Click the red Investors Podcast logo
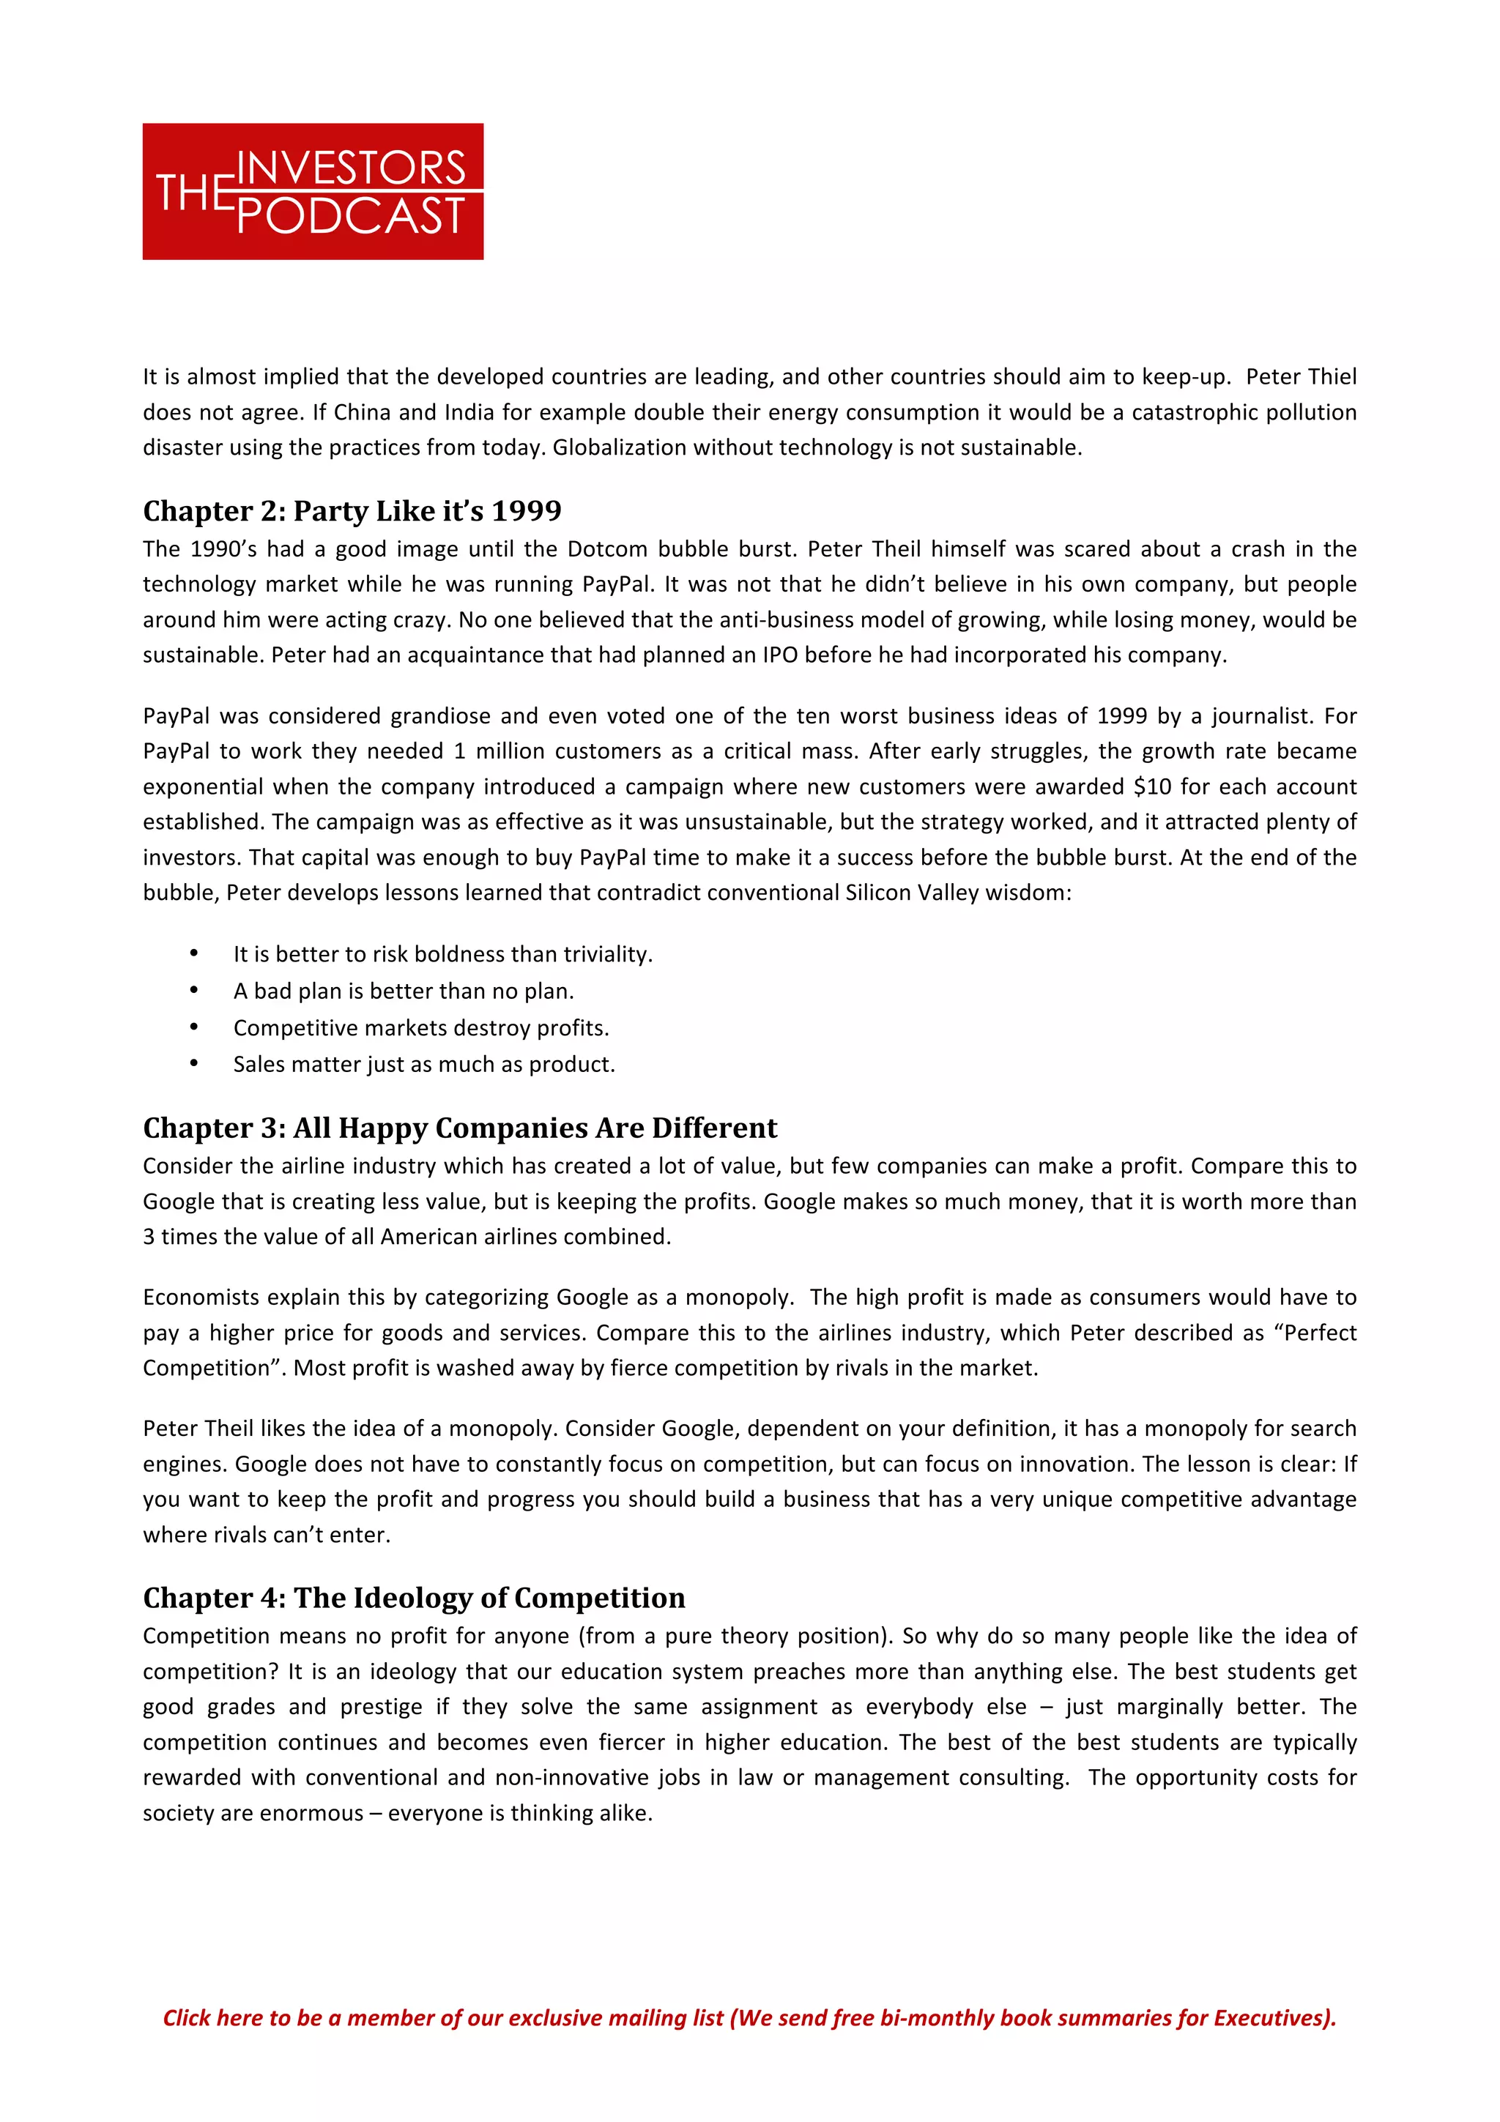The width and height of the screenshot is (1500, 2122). [x=313, y=190]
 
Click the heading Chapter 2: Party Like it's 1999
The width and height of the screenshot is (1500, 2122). [x=352, y=511]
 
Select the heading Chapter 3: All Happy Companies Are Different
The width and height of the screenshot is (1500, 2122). [x=459, y=1128]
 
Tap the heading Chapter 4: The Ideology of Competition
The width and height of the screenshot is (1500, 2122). [x=413, y=1597]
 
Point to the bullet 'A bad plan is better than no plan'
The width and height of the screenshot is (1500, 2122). [x=403, y=991]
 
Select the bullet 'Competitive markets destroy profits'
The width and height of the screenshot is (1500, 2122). [x=420, y=1028]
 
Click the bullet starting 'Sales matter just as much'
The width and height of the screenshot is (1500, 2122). [x=423, y=1064]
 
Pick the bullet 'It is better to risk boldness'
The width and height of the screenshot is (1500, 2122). [x=442, y=954]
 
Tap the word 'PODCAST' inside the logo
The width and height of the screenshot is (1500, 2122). [x=352, y=216]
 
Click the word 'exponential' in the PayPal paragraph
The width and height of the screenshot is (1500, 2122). [x=202, y=786]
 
